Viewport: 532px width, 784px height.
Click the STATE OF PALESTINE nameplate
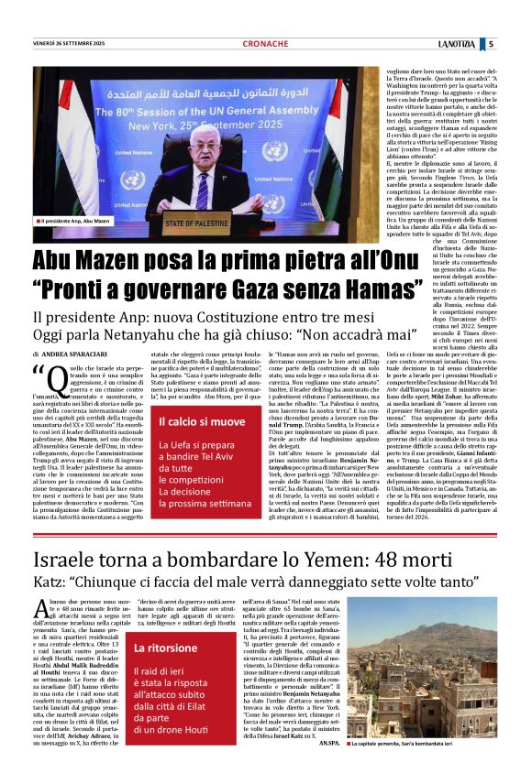199,221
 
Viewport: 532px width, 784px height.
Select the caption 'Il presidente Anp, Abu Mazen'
74,222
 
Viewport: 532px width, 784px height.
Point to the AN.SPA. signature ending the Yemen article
330,768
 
